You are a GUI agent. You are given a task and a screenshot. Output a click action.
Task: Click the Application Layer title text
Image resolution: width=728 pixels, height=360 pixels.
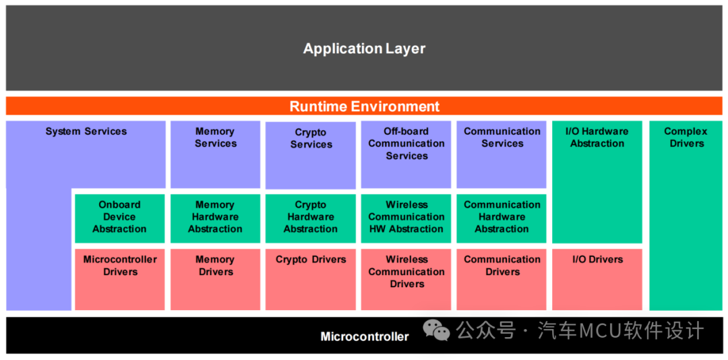(x=364, y=49)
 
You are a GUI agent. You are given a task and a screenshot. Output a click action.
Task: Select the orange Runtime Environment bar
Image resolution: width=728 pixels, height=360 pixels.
(x=364, y=107)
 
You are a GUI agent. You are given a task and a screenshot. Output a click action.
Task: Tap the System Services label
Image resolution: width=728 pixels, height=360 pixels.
(x=86, y=131)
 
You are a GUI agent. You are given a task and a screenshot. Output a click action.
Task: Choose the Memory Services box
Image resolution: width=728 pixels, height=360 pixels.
(x=215, y=154)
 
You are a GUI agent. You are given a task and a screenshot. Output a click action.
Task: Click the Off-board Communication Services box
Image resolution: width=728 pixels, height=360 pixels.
(x=406, y=154)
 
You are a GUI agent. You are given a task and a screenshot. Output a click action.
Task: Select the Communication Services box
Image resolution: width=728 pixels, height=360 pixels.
(x=502, y=154)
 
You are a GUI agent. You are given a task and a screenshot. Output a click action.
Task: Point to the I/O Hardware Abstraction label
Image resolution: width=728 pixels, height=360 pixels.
(x=597, y=138)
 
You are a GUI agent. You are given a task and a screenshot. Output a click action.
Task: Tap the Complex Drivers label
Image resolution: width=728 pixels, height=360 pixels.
(x=686, y=138)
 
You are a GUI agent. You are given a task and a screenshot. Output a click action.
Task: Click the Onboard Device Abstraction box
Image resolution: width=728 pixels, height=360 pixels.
(x=119, y=216)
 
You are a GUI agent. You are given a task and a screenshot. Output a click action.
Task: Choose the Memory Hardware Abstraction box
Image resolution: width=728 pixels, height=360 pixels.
(x=215, y=216)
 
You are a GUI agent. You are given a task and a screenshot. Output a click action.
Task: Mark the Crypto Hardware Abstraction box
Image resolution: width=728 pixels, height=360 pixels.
(x=311, y=216)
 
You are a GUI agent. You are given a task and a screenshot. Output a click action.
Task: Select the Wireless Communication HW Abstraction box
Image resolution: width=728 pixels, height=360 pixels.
(x=406, y=216)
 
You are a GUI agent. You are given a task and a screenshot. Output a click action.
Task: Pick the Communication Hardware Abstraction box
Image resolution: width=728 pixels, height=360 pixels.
(x=502, y=216)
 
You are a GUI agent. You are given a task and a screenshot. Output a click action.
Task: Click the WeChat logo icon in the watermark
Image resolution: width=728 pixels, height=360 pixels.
(x=437, y=330)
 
